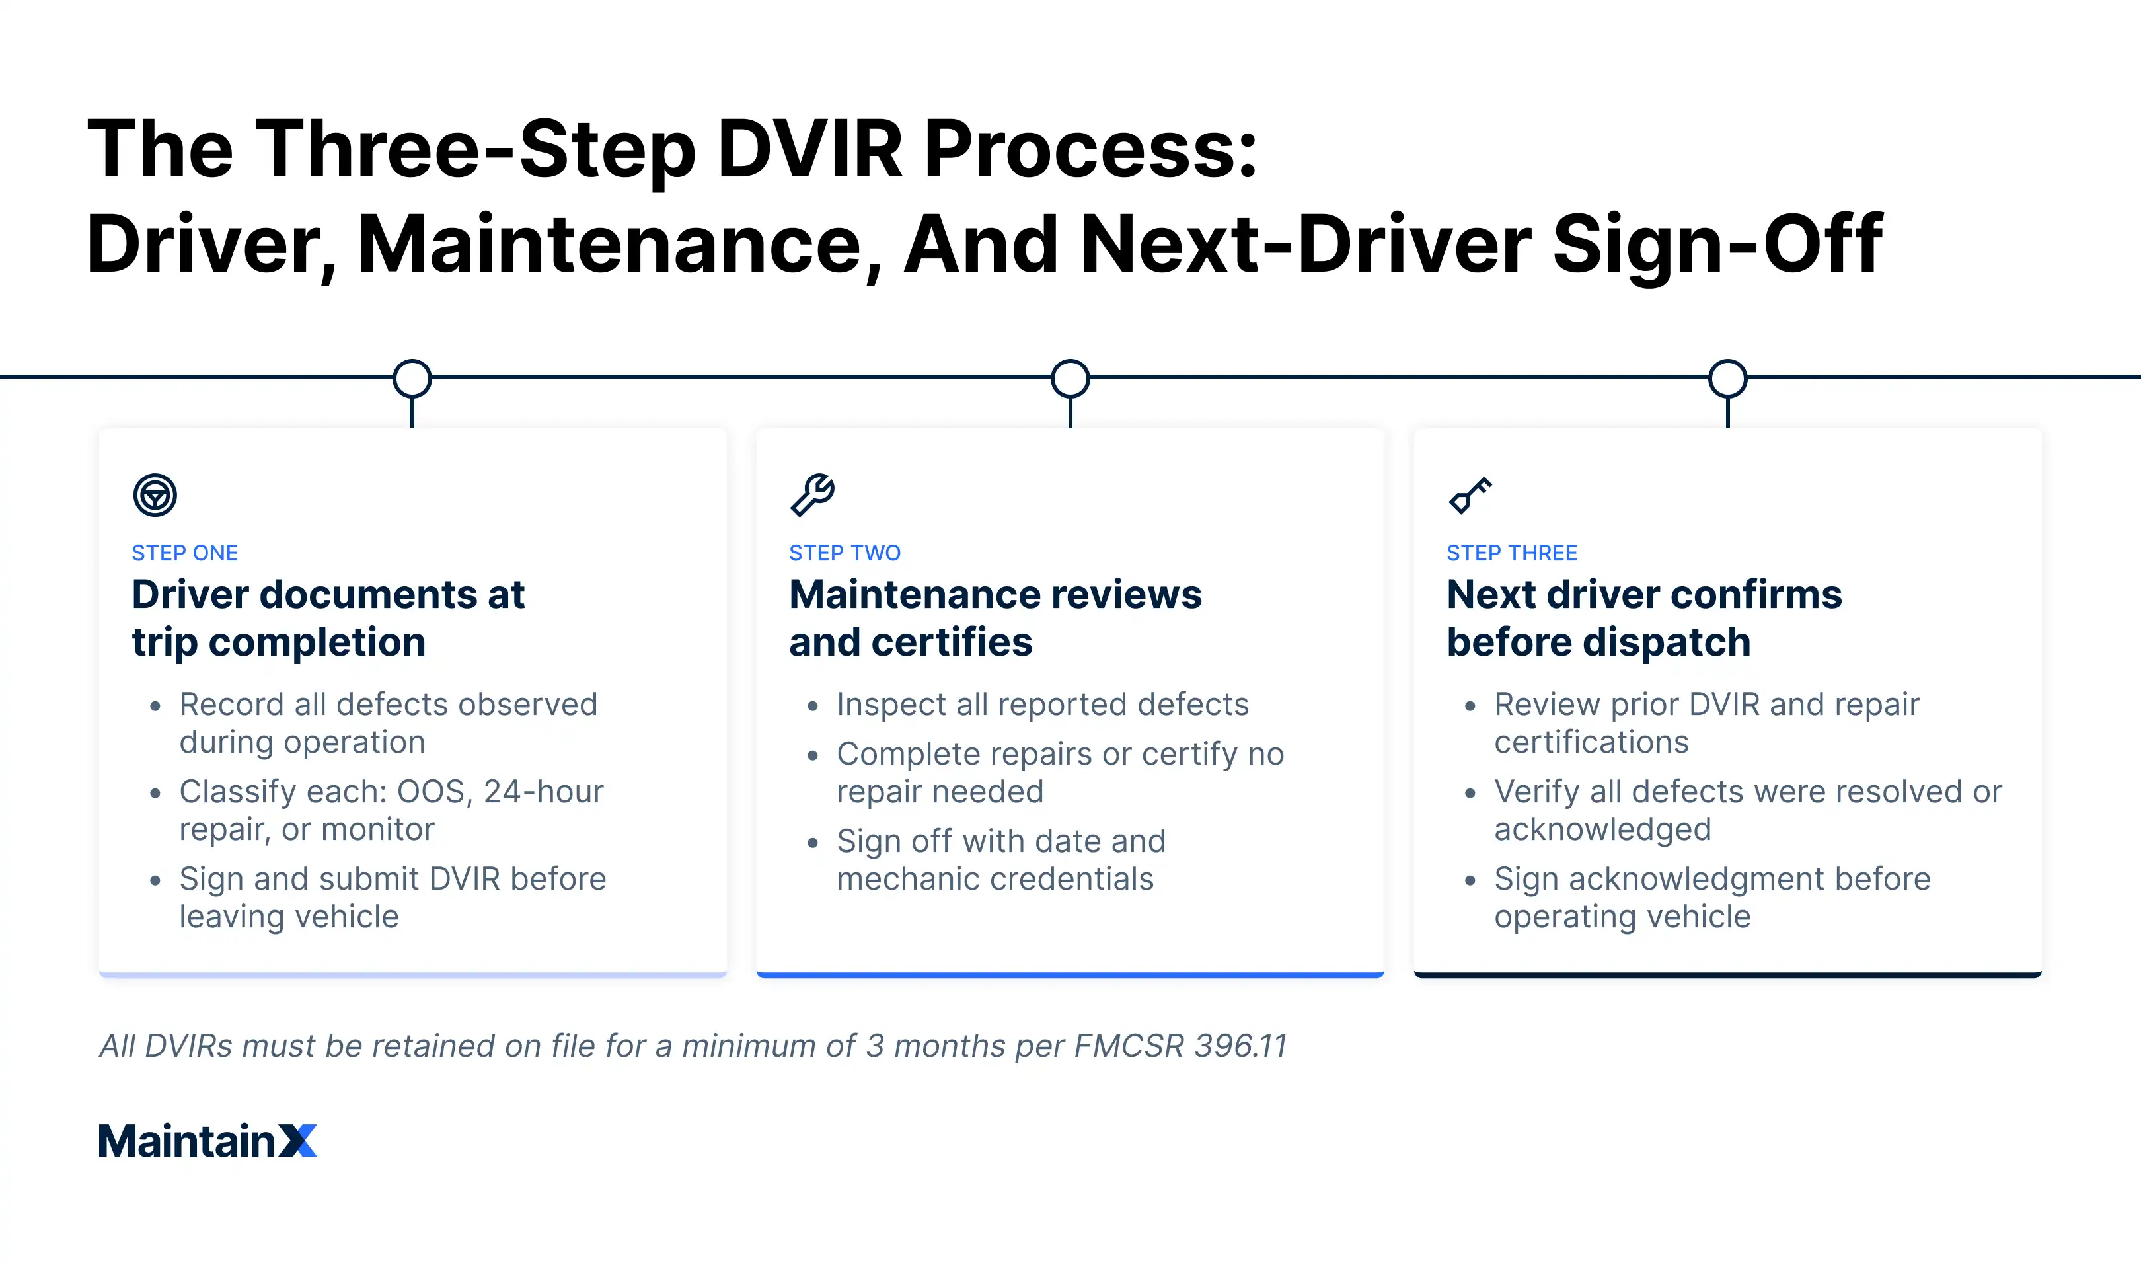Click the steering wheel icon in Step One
155,494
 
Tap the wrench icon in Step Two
812,494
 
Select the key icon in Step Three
1470,494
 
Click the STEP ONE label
184,553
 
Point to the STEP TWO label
844,553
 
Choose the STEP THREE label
1511,553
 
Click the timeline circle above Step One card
412,378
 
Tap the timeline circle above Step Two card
1070,378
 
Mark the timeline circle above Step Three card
1727,378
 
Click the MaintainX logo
207,1141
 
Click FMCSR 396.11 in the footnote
1180,1046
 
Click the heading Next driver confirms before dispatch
1643,618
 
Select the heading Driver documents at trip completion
328,618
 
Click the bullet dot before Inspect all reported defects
813,706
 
